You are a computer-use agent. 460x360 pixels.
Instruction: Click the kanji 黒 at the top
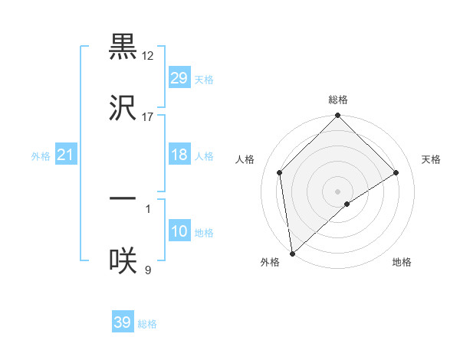pyautogui.click(x=123, y=47)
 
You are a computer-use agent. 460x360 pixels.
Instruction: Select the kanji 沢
pyautogui.click(x=123, y=107)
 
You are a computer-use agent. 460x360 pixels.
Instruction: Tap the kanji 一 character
pyautogui.click(x=123, y=198)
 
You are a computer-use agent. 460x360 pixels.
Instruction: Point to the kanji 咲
pyautogui.click(x=123, y=260)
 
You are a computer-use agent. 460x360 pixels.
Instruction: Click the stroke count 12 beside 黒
pyautogui.click(x=147, y=56)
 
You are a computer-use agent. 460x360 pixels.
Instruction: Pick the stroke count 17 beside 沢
pyautogui.click(x=147, y=116)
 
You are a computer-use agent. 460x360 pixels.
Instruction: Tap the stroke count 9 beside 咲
pyautogui.click(x=147, y=269)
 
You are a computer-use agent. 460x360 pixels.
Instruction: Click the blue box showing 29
pyautogui.click(x=179, y=78)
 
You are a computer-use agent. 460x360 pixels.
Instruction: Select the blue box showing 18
pyautogui.click(x=179, y=155)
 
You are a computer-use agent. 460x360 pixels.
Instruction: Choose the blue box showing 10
pyautogui.click(x=179, y=231)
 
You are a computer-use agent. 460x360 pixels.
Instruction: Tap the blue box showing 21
pyautogui.click(x=66, y=155)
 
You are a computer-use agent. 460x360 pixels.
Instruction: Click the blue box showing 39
pyautogui.click(x=123, y=322)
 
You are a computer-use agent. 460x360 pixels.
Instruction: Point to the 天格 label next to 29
pyautogui.click(x=204, y=80)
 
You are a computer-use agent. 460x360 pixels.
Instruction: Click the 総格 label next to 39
pyautogui.click(x=147, y=324)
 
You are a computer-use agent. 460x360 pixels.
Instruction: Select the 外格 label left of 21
pyautogui.click(x=41, y=156)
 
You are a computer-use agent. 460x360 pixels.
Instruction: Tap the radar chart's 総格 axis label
pyautogui.click(x=338, y=100)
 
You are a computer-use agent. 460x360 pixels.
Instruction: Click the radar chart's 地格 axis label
pyautogui.click(x=402, y=263)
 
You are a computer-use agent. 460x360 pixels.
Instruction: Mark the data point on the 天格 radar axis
pyautogui.click(x=396, y=172)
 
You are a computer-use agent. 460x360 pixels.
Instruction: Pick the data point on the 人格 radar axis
pyautogui.click(x=280, y=172)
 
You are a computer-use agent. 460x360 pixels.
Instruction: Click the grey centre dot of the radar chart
pyautogui.click(x=338, y=191)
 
